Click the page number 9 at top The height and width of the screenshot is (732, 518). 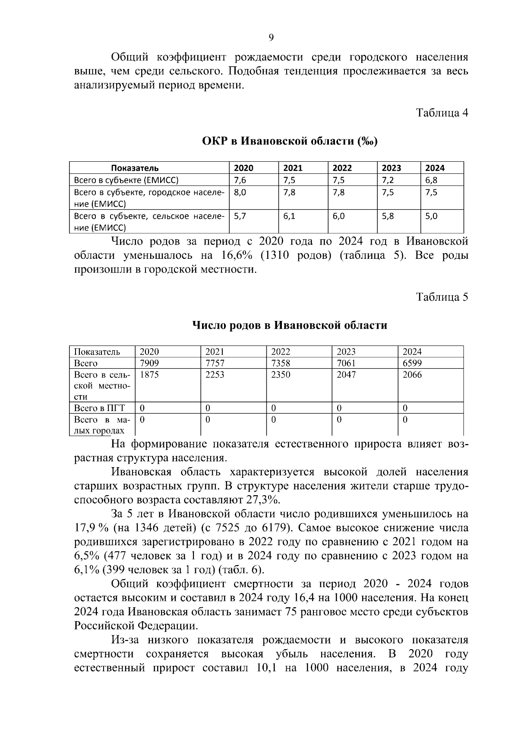[x=271, y=38]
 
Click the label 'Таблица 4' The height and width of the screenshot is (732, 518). [x=442, y=113]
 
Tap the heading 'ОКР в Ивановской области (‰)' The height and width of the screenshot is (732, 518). [x=290, y=141]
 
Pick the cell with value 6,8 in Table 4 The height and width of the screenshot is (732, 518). [x=431, y=180]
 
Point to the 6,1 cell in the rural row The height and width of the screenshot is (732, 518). [x=289, y=216]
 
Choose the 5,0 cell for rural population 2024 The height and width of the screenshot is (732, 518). [x=431, y=216]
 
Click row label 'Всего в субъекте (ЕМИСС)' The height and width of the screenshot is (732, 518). [x=126, y=180]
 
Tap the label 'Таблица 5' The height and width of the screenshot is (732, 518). [x=442, y=297]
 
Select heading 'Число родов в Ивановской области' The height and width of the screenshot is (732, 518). [x=290, y=325]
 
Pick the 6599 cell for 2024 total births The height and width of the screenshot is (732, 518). [x=412, y=363]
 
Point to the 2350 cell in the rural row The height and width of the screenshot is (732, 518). [x=281, y=375]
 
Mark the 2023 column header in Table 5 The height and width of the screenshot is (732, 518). [x=346, y=352]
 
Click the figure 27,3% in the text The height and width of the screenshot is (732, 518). [x=263, y=500]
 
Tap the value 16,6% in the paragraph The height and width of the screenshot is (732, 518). [x=237, y=255]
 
